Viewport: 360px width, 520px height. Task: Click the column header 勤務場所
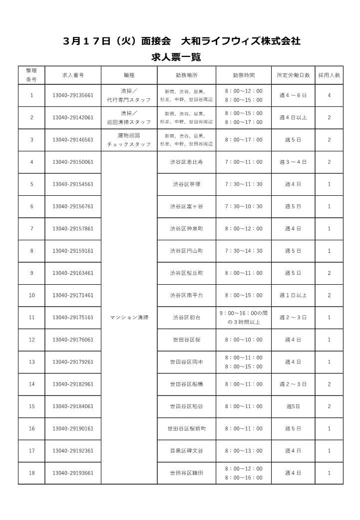[x=186, y=75]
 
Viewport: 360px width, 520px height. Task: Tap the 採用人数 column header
[x=329, y=75]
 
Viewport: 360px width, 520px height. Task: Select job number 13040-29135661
[x=73, y=95]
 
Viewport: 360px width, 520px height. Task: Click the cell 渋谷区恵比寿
[x=186, y=162]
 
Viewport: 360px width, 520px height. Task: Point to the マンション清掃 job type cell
[x=129, y=317]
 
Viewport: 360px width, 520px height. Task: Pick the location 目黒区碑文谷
[x=186, y=451]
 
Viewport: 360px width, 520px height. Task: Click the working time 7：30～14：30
[x=243, y=251]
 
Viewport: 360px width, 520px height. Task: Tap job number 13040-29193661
[x=73, y=473]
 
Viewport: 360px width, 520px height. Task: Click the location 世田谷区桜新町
[x=186, y=429]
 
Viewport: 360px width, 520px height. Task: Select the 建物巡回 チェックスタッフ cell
[x=129, y=140]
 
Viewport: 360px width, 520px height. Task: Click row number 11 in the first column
[x=32, y=317]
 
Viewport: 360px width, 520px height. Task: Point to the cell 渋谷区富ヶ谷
[x=186, y=206]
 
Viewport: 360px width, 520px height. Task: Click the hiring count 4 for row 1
[x=329, y=95]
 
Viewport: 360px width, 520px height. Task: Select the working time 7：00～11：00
[x=243, y=162]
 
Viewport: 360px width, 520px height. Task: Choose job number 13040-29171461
[x=73, y=295]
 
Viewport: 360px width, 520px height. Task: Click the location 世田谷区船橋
[x=186, y=384]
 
